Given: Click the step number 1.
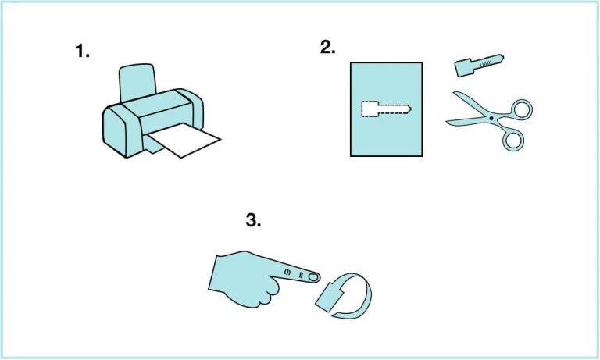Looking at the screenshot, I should tap(82, 52).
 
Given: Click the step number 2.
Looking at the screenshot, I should tap(327, 47).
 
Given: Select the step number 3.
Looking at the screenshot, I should tap(253, 220).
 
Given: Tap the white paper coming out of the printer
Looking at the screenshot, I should tap(187, 141).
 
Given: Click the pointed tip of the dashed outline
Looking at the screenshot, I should tap(410, 109).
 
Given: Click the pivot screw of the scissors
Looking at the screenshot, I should tap(491, 119).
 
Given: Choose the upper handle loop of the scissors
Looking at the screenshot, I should tap(519, 109).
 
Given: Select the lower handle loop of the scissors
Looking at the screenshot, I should tap(512, 139).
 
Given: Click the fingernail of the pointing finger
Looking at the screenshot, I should tap(312, 276).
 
